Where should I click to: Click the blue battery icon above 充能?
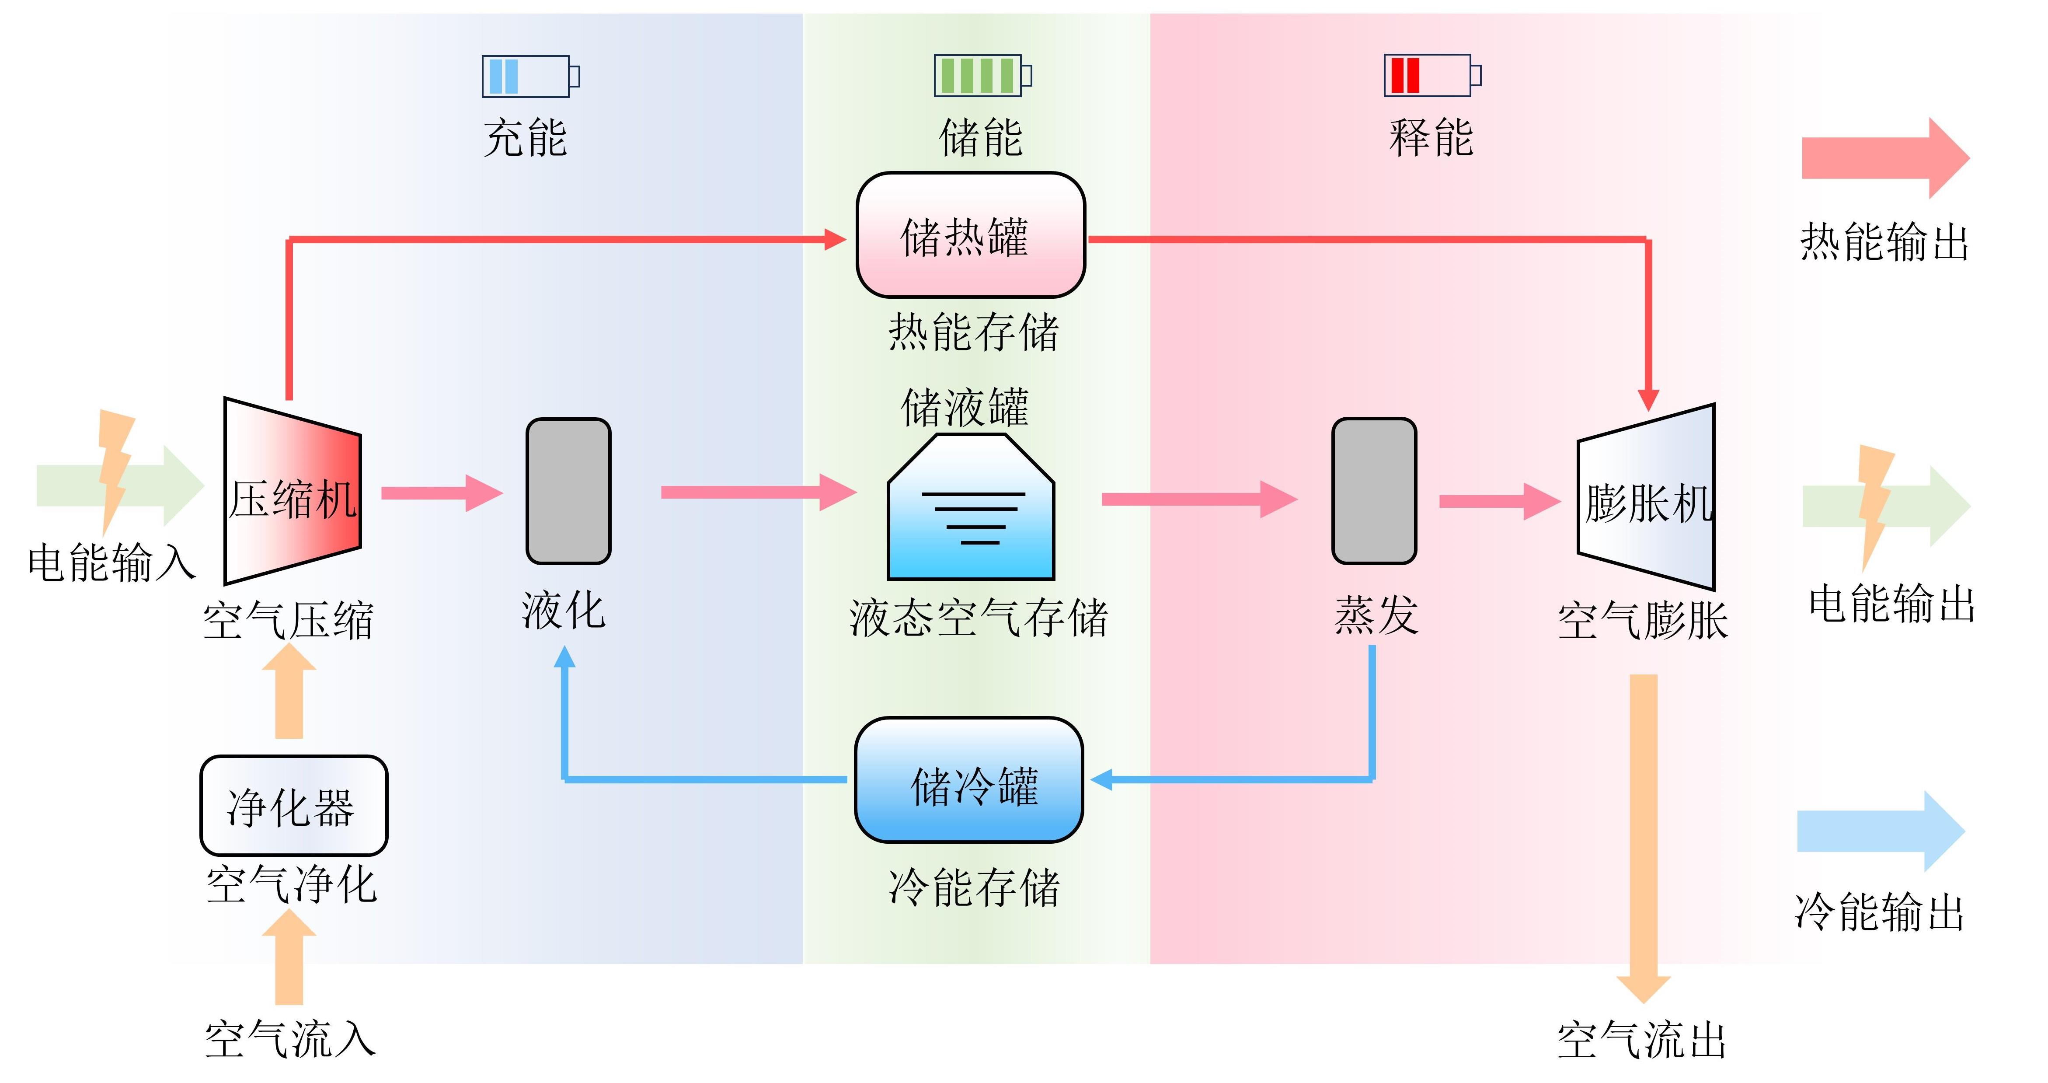pyautogui.click(x=530, y=77)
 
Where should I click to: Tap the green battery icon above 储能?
pyautogui.click(x=982, y=76)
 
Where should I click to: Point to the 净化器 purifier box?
pyautogui.click(x=293, y=806)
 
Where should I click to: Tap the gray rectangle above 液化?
pyautogui.click(x=568, y=491)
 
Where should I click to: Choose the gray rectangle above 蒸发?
pyautogui.click(x=1374, y=491)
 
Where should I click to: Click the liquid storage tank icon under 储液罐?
pyautogui.click(x=971, y=509)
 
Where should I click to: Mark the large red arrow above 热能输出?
pyautogui.click(x=1884, y=158)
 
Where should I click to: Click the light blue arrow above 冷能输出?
pyautogui.click(x=1880, y=831)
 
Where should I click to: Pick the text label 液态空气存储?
pyautogui.click(x=978, y=618)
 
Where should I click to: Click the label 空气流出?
pyautogui.click(x=1642, y=1039)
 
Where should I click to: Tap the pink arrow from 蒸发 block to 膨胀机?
pyautogui.click(x=1499, y=501)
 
